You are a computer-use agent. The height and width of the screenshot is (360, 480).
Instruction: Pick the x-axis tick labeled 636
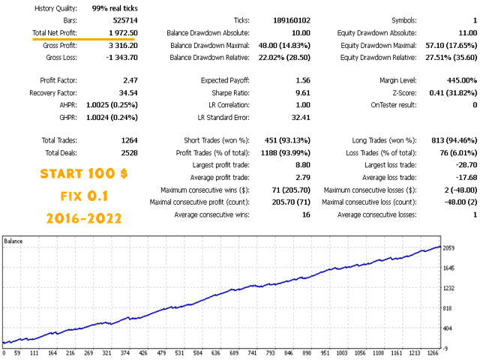click(216, 353)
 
